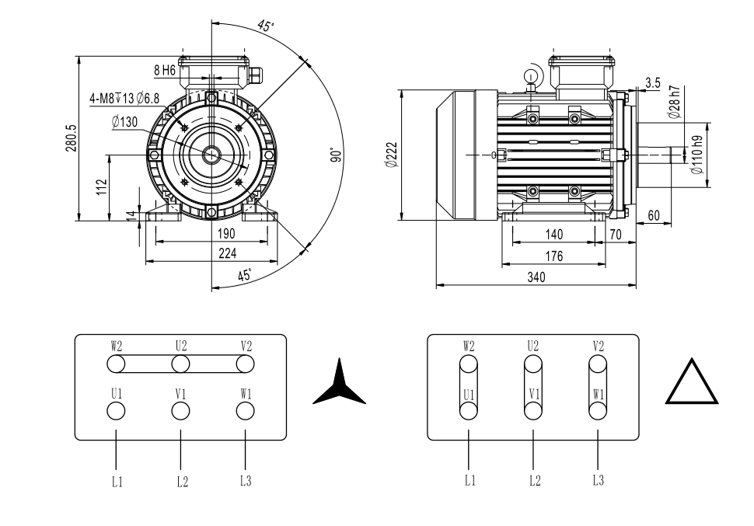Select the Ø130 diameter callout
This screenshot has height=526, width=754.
coord(124,121)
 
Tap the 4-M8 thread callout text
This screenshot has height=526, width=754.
coord(124,98)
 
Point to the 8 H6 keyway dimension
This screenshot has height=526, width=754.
coord(165,70)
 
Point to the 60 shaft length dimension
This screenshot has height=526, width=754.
coord(653,214)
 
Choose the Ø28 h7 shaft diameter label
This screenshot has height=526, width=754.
coord(674,102)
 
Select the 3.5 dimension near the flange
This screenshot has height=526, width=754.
coord(653,82)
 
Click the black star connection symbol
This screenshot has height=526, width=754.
coord(339,385)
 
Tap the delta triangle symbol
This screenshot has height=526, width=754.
coord(692,383)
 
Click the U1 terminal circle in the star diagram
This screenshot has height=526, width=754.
coord(116,412)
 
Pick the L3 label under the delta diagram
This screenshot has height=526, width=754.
coord(597,481)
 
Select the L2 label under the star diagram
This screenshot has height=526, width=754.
coord(181,482)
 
